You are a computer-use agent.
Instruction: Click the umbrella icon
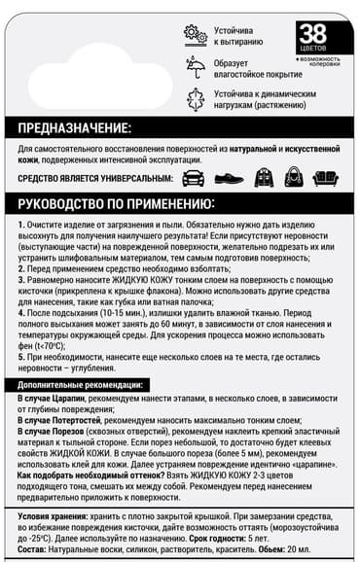195,65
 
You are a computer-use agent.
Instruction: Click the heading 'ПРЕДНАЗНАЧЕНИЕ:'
76,128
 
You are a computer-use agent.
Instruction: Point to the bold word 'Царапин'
73,400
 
